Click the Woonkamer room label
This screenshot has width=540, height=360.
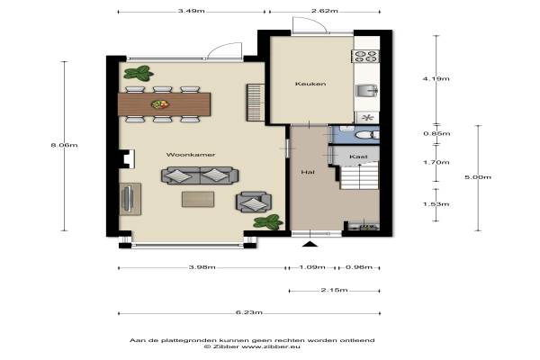click(x=191, y=155)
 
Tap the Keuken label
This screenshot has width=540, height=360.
click(x=310, y=84)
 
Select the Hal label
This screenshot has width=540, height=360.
click(x=308, y=172)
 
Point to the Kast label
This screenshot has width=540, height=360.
click(x=358, y=157)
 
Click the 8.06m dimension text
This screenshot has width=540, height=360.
click(x=65, y=145)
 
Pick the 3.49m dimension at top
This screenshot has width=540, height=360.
click(x=192, y=11)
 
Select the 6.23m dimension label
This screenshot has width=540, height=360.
click(x=249, y=312)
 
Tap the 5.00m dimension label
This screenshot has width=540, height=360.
click(x=478, y=177)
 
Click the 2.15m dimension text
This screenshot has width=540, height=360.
click(x=334, y=290)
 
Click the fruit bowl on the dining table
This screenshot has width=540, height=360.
click(x=160, y=103)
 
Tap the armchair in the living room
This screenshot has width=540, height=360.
click(x=254, y=202)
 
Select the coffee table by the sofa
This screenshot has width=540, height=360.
click(x=198, y=200)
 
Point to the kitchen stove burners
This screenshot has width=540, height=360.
click(x=365, y=56)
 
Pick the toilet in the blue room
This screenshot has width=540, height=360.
click(x=366, y=135)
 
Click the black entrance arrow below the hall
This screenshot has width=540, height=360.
click(x=310, y=244)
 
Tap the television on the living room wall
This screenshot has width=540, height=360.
click(x=129, y=199)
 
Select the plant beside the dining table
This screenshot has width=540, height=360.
click(x=139, y=73)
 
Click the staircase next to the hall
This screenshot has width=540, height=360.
click(x=359, y=176)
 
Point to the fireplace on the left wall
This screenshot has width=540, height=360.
click(x=127, y=158)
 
